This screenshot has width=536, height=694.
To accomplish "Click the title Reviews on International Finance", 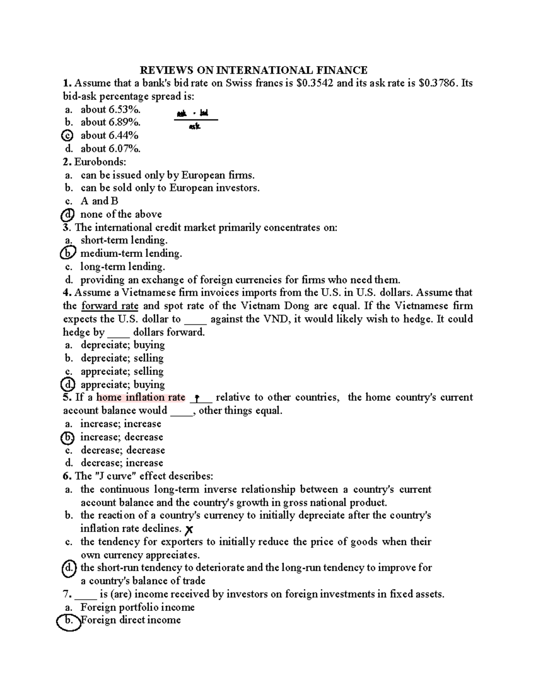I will (254, 70).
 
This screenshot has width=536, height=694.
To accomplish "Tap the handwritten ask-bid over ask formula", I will (195, 119).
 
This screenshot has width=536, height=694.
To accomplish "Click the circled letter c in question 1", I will (68, 135).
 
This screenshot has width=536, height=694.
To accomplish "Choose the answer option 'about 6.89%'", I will (110, 122).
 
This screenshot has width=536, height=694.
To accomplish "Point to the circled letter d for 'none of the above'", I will (67, 215).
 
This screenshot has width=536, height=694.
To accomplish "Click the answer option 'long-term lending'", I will (122, 267).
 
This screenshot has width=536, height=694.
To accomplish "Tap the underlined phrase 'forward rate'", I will (110, 306).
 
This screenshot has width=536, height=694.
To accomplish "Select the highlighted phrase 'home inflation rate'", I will (141, 398).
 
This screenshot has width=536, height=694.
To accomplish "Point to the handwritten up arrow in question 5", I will (197, 398).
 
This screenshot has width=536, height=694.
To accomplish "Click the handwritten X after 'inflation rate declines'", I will (189, 530).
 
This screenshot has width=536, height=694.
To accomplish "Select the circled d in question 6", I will (68, 568).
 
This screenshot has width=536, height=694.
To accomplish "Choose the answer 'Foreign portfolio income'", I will (138, 607).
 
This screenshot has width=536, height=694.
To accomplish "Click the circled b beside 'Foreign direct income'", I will (68, 621).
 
